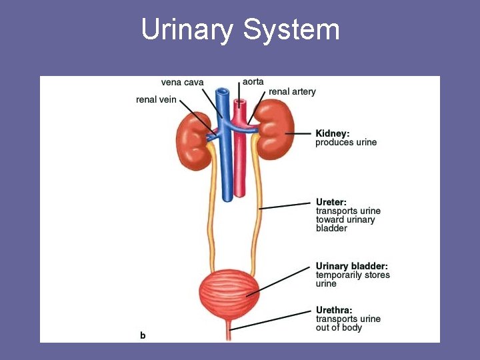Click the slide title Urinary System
pos(240,30)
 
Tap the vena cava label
pos(182,83)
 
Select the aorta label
pos(253,81)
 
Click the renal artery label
pos(292,91)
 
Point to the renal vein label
pos(156,100)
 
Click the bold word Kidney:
pos(332,133)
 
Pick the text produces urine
pos(345,142)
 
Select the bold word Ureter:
pos(331,202)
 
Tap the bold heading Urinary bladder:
pos(351,266)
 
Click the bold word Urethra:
pos(334,310)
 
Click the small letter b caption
pos(142,335)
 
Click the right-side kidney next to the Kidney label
pos(273,130)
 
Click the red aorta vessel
pos(240,160)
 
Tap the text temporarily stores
pos(353,275)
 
